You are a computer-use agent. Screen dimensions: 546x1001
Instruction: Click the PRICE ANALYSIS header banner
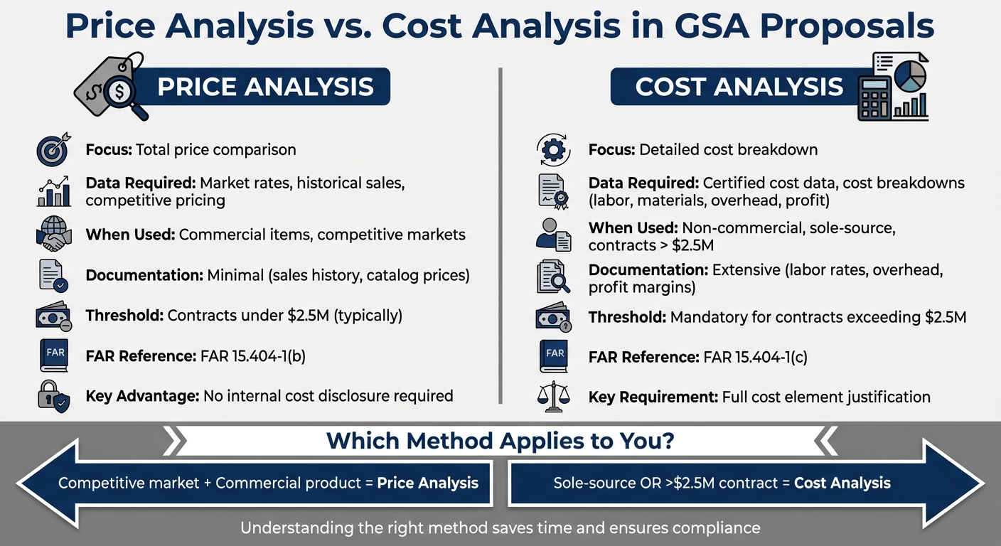pos(264,87)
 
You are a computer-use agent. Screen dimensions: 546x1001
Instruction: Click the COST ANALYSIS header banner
pos(739,87)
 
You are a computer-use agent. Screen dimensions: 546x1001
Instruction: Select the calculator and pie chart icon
pos(892,87)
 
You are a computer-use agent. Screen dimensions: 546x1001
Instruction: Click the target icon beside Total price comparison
pos(53,150)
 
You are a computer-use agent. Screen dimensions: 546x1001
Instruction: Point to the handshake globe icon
pos(53,235)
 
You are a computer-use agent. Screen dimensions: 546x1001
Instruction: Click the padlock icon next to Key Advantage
pos(53,396)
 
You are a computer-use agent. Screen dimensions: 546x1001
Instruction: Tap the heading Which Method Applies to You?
pos(500,441)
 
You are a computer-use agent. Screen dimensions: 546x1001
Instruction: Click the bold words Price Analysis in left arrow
pos(427,483)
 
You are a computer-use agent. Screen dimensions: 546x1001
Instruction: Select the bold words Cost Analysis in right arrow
pos(842,483)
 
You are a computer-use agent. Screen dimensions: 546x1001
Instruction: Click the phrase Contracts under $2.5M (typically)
pos(284,316)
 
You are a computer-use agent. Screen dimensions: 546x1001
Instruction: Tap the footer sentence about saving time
pos(500,528)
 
